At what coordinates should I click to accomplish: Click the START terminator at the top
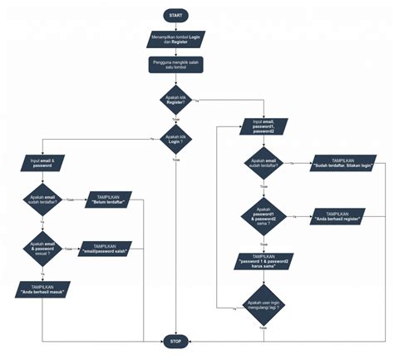176,15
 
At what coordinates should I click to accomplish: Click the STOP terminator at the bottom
176,341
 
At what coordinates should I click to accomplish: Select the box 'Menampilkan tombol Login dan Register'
176,38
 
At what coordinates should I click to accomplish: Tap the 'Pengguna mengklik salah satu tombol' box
176,65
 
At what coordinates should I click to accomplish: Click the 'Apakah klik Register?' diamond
176,100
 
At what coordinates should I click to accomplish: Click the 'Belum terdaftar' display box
110,200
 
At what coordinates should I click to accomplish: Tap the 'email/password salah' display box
110,248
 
